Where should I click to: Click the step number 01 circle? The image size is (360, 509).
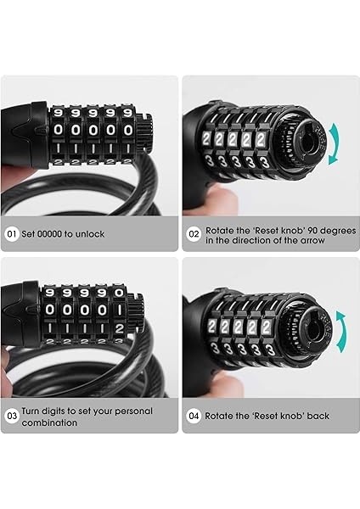pos(12,234)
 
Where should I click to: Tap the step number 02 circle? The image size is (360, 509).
pos(194,234)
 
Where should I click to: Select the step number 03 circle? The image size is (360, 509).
pos(12,416)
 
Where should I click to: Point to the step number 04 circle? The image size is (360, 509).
pos(194,416)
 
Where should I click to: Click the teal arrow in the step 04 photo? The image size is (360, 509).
pos(342,331)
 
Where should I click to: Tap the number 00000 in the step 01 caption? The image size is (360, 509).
pos(48,234)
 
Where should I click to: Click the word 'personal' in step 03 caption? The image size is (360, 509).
pos(133,411)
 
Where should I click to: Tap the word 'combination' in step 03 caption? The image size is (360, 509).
pos(49,422)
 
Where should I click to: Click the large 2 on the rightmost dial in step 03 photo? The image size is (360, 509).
pos(119,328)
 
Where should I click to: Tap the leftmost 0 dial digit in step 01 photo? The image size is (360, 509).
pos(58,130)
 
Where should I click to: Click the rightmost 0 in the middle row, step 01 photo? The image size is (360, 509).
pos(129,130)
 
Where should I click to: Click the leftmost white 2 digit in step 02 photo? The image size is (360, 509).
pos(206,139)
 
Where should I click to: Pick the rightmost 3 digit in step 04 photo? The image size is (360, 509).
pos(269,350)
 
